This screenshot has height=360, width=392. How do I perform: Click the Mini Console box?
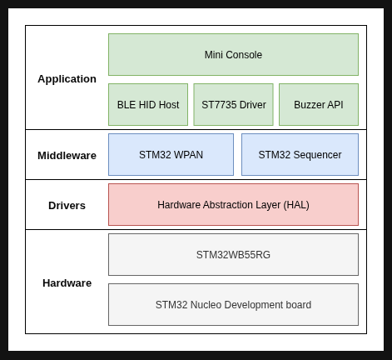(233, 54)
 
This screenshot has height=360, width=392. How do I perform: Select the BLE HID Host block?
(148, 104)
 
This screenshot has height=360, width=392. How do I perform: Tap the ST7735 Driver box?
(233, 104)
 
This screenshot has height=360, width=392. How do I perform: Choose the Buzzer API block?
(319, 104)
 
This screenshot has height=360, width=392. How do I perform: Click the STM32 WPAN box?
(171, 154)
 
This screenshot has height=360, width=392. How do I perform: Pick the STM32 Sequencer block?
(300, 154)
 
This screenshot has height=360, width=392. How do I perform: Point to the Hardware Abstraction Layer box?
(233, 204)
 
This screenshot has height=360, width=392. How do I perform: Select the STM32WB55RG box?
(233, 254)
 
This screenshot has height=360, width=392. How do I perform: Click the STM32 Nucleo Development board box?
(233, 304)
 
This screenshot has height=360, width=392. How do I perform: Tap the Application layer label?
(67, 79)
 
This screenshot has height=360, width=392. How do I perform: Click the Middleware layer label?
(67, 156)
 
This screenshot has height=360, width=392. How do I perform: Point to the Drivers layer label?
(67, 206)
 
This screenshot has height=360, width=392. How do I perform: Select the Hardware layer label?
(67, 283)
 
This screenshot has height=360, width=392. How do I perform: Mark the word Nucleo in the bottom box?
(206, 305)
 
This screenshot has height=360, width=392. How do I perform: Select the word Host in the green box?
(169, 105)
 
